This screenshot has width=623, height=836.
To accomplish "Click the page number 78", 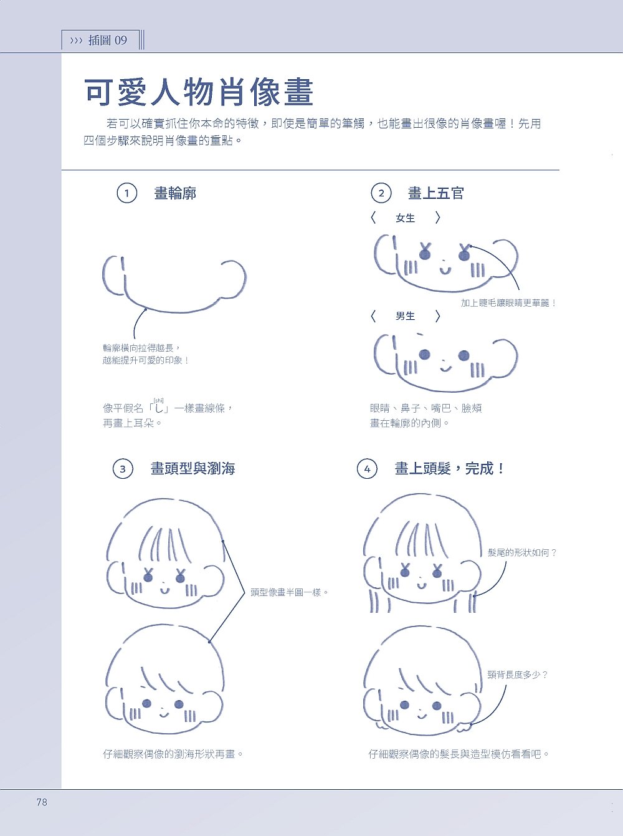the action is [x=42, y=802].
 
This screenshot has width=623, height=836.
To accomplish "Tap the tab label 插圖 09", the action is [x=108, y=41].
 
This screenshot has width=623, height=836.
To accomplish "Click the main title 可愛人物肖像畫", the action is [x=199, y=92].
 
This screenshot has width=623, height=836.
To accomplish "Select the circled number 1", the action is [x=126, y=193].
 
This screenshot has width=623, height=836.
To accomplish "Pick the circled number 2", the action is [x=381, y=193].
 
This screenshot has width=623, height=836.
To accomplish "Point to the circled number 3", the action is [x=123, y=468].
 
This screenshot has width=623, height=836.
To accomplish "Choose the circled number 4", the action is [x=367, y=468].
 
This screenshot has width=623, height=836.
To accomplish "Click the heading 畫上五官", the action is [x=435, y=193].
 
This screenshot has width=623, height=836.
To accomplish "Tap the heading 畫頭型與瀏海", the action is [x=193, y=468].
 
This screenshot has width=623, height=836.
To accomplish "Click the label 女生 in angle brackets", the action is [x=405, y=218].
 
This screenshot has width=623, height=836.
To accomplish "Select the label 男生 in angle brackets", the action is [x=405, y=316].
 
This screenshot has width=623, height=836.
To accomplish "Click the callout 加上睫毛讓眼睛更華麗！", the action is [x=509, y=303].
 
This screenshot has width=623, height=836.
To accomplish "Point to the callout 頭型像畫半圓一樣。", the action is [x=289, y=592].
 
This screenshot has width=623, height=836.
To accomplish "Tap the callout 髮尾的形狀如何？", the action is [x=522, y=552].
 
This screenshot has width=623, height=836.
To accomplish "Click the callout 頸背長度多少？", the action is [x=518, y=675].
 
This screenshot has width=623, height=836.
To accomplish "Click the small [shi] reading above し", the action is [x=158, y=400].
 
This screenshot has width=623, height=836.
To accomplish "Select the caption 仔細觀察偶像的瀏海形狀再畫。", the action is [x=173, y=754].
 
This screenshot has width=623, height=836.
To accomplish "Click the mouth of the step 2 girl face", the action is [x=445, y=271].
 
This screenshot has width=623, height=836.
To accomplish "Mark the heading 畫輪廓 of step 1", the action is [x=175, y=193].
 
